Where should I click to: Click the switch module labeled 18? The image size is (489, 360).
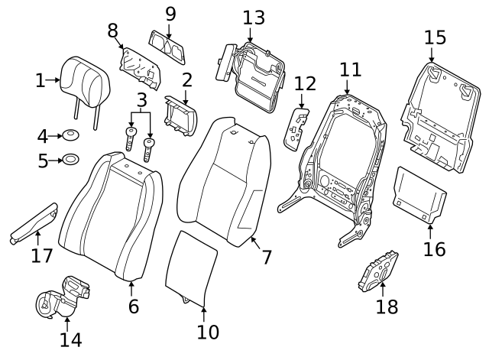pos(379,269)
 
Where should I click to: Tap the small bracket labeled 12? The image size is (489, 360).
pos(296,126)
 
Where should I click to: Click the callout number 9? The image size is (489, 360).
pos(170,13)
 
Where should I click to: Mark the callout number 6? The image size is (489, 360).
pos(133,306)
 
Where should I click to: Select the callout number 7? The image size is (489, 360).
pos(266,257)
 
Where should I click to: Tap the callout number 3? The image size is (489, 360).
pos(141,99)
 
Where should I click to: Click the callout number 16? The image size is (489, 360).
pos(433,248)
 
